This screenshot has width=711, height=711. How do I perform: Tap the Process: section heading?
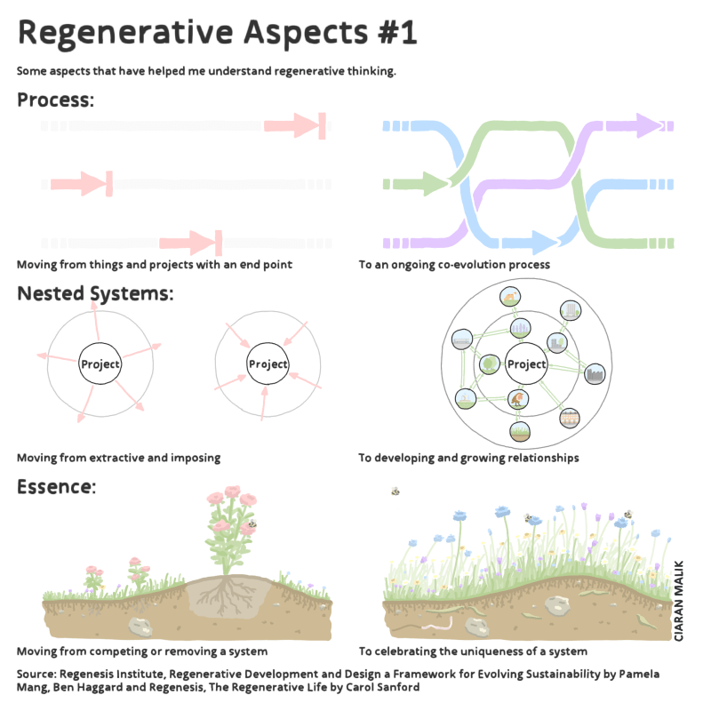[55, 100]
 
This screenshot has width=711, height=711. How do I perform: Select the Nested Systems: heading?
[95, 293]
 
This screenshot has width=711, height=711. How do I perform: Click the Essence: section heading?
[56, 486]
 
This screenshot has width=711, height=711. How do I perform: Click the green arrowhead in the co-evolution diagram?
[435, 184]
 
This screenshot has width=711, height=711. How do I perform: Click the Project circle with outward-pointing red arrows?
[100, 364]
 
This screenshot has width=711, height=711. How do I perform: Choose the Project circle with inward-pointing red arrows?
[268, 364]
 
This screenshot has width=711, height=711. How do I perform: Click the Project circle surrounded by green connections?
[526, 364]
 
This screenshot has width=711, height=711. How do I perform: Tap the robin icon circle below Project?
[517, 400]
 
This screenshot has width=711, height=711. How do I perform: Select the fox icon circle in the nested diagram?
[510, 298]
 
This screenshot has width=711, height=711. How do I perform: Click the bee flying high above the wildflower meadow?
[395, 491]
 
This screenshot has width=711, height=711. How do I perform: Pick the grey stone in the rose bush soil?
[140, 626]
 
